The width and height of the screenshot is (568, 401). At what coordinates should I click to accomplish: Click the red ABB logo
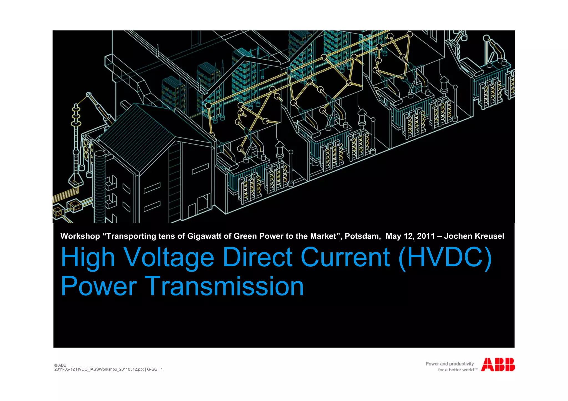click(x=498, y=364)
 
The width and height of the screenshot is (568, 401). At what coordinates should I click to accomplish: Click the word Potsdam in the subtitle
click(x=362, y=236)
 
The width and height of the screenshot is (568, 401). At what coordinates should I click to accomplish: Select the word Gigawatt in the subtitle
click(x=203, y=236)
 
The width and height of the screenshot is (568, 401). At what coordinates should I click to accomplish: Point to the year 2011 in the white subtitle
click(x=426, y=236)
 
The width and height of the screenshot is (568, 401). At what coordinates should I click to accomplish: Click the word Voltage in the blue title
click(x=169, y=258)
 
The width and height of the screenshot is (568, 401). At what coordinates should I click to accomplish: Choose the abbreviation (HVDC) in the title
click(x=445, y=258)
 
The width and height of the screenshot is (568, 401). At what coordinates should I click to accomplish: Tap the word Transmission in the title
click(x=224, y=286)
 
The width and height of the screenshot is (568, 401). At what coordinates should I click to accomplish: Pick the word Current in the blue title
click(x=345, y=258)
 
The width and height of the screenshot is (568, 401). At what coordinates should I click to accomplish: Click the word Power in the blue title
click(x=99, y=286)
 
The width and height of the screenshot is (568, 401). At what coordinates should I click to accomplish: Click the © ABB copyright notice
click(x=60, y=365)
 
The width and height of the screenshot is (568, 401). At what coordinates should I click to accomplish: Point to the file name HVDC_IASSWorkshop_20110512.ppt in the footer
click(x=110, y=369)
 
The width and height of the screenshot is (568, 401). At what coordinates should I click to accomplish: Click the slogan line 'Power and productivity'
click(x=450, y=364)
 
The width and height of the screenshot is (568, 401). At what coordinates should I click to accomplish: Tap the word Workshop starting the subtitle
click(x=80, y=236)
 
